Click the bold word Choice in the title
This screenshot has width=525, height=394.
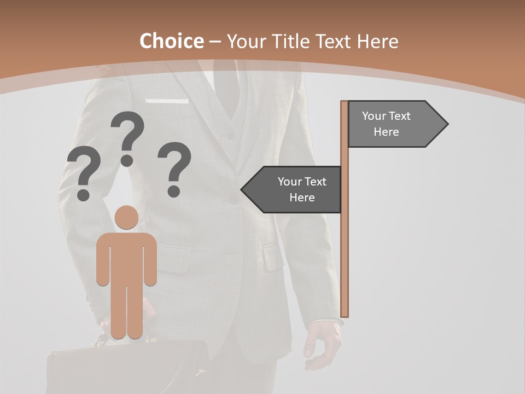(171, 41)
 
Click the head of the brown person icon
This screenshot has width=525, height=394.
(127, 217)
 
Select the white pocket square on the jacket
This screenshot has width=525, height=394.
(167, 101)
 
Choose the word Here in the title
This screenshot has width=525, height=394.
(377, 41)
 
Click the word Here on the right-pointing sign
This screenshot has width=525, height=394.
(386, 132)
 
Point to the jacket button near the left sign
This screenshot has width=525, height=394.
(234, 200)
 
